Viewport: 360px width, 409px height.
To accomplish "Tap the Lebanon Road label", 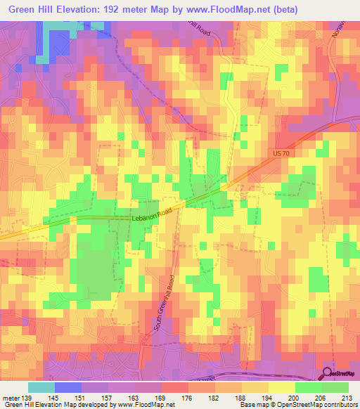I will point(151,219).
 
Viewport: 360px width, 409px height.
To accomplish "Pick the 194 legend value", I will point(269,397).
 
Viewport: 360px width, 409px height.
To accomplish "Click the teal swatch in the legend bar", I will point(41,387).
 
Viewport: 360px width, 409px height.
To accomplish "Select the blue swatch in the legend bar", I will point(68,387).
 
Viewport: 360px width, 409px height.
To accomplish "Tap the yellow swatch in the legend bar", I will point(281,387).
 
